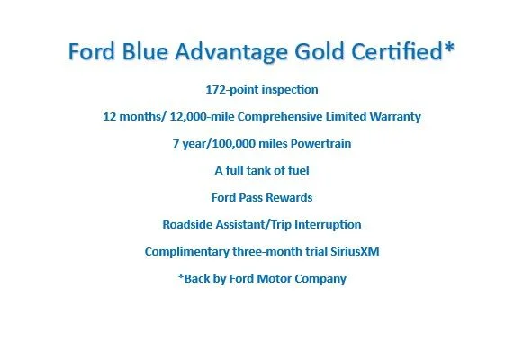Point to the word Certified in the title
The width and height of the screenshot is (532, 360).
[x=397, y=51]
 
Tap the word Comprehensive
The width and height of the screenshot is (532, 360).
[x=280, y=117]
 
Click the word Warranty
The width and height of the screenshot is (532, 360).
[x=395, y=117]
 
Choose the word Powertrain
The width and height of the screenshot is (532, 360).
[x=321, y=143]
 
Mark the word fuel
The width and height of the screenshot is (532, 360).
[x=299, y=170]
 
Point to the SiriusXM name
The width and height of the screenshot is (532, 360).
[x=355, y=252]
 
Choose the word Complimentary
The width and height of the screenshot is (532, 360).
[x=187, y=252]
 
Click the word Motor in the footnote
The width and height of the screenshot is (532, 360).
[x=275, y=279]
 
